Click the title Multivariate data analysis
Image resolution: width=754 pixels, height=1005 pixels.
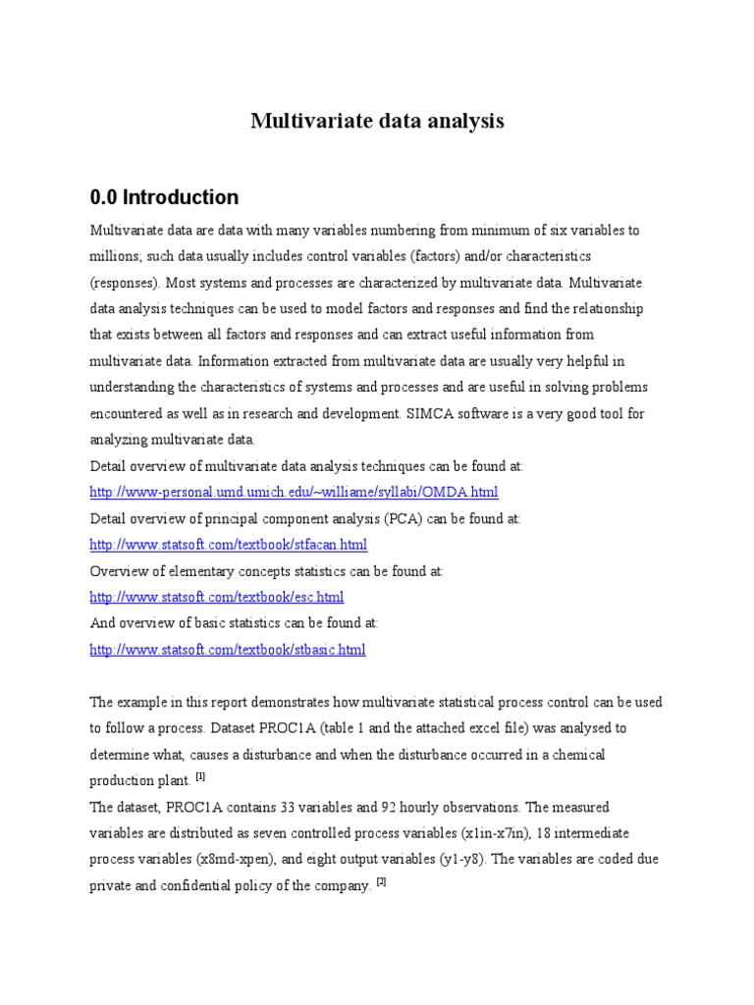tap(377, 121)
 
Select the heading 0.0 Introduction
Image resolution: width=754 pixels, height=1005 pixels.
tap(164, 196)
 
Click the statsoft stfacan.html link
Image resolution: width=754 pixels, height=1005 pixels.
tap(229, 544)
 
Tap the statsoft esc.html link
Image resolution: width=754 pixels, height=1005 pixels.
tap(217, 597)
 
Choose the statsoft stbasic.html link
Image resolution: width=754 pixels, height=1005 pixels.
tap(228, 650)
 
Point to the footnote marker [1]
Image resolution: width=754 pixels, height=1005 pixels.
tap(200, 777)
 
